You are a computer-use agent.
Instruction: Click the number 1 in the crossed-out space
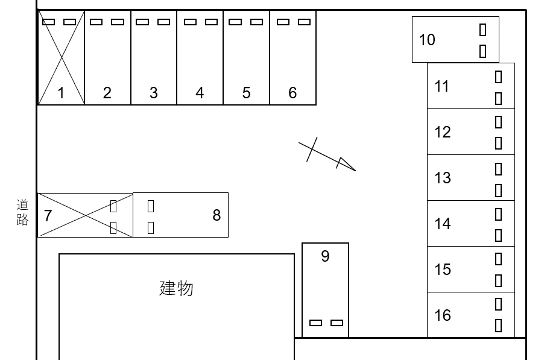coord(61,93)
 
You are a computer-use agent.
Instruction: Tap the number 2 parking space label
coord(107,93)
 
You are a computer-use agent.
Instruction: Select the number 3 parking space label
coord(154,93)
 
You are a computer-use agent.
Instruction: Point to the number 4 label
coord(200,93)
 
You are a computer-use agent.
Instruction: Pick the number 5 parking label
coord(247,93)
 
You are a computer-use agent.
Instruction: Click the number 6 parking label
coord(293,93)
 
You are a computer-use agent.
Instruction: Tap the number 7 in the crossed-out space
coord(48,215)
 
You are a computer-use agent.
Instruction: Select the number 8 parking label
coord(217,215)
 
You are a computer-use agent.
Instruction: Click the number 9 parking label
coord(325,256)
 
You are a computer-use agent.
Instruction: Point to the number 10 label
coord(427,40)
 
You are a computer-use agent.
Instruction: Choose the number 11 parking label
coord(442,86)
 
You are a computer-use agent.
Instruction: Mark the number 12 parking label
coord(443,132)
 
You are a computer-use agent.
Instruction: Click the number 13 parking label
coord(443,178)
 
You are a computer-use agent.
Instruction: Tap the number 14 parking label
coord(443,224)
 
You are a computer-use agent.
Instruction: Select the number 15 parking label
coord(443,270)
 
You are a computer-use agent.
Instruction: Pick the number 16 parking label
coord(443,315)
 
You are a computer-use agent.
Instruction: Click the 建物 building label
coord(176,288)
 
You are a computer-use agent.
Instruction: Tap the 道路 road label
coord(22,212)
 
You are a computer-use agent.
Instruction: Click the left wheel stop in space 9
coord(315,323)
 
